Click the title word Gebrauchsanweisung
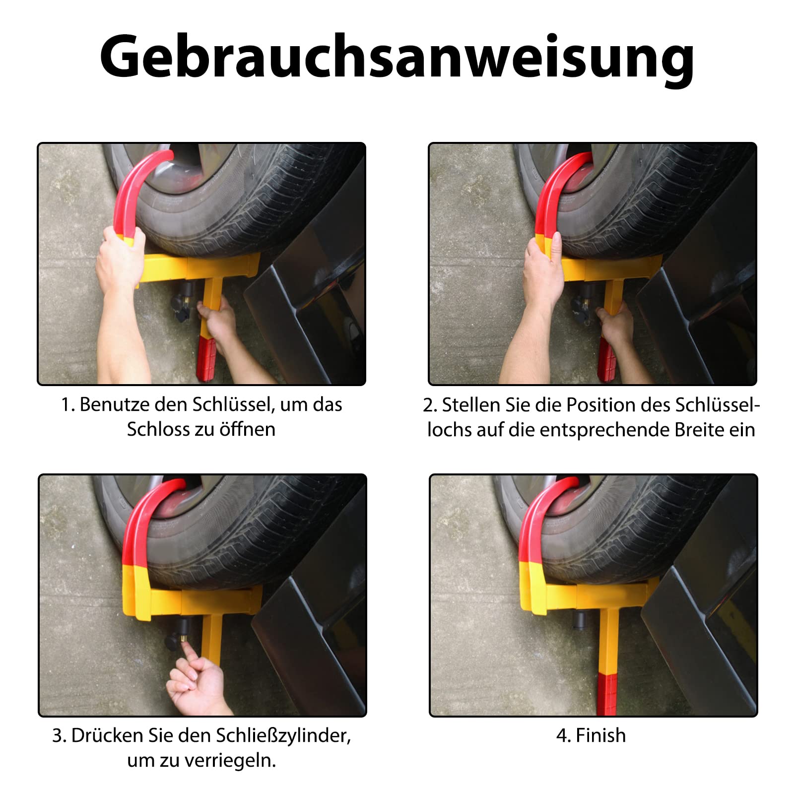pos(397,57)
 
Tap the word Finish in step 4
pos(600,735)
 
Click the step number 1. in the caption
pos(68,405)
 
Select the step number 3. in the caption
pos(59,736)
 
